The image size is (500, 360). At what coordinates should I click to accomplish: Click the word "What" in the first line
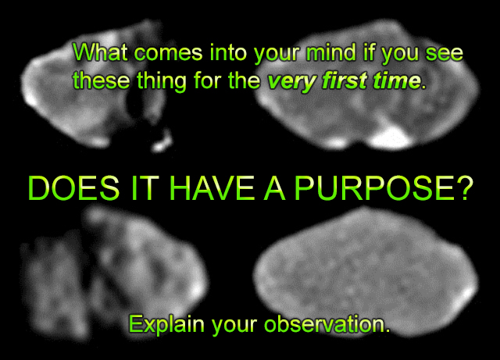click(x=100, y=52)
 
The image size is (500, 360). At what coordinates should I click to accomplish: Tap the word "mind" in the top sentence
click(x=330, y=52)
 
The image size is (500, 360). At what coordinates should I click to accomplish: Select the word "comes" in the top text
click(x=168, y=53)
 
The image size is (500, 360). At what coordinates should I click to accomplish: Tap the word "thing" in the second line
click(x=162, y=81)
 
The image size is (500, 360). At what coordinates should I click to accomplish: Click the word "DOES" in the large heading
click(x=73, y=188)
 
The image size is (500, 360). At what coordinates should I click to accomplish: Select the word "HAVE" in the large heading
click(x=212, y=188)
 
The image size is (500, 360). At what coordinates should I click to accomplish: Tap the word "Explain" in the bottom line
click(x=166, y=325)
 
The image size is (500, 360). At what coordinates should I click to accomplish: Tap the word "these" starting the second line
click(x=102, y=80)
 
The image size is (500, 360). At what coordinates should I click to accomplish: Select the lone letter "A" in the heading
click(x=274, y=188)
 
